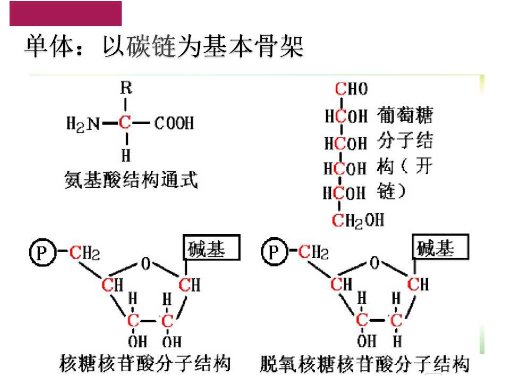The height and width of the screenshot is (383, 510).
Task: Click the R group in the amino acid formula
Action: (x=126, y=88)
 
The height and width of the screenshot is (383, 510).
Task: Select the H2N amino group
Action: (x=83, y=124)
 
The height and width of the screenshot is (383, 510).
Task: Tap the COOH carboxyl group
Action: (x=174, y=123)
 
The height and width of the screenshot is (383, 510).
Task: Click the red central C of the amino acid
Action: (x=124, y=123)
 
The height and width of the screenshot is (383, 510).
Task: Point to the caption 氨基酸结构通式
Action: (x=131, y=180)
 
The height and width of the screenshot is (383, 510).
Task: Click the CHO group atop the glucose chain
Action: (x=351, y=89)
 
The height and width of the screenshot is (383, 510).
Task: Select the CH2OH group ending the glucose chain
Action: (x=358, y=220)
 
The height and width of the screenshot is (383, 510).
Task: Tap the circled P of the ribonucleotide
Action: (x=42, y=252)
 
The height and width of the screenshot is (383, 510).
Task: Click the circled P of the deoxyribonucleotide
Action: (x=275, y=252)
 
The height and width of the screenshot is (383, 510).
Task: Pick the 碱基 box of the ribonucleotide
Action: (x=212, y=248)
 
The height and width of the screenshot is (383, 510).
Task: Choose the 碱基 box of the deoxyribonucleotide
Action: (x=441, y=247)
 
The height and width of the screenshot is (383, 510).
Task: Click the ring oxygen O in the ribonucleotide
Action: (x=146, y=263)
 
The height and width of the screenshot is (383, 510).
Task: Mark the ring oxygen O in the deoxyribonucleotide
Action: (x=375, y=262)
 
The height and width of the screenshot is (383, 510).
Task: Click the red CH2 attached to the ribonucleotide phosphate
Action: (x=84, y=253)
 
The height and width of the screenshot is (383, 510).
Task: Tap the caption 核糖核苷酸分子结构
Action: (x=145, y=363)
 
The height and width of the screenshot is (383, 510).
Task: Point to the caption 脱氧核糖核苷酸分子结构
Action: (x=364, y=364)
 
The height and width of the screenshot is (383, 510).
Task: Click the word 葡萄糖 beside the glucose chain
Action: (x=405, y=115)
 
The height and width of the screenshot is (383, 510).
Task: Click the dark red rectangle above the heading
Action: (x=66, y=13)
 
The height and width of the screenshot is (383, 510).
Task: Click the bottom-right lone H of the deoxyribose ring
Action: (x=397, y=341)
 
